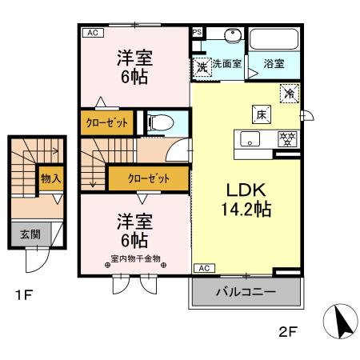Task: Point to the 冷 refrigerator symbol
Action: click(x=289, y=93)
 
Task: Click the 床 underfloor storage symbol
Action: click(x=261, y=114)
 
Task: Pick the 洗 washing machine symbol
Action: click(x=202, y=67)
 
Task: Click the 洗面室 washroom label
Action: click(x=227, y=63)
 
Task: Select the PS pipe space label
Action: click(x=197, y=33)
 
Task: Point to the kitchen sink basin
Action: click(x=250, y=140)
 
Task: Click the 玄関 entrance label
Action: click(x=30, y=234)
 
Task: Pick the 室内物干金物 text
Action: click(x=136, y=258)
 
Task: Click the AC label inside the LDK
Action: click(x=203, y=268)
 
